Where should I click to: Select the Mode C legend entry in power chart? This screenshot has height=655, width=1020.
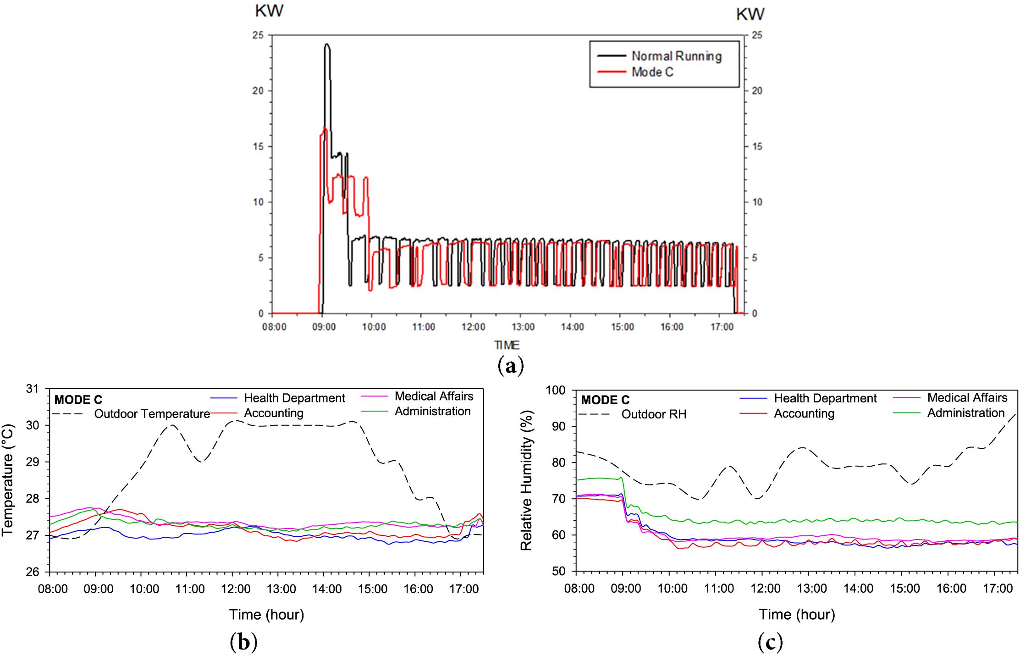point(652,72)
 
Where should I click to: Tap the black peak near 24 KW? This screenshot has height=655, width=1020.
point(327,45)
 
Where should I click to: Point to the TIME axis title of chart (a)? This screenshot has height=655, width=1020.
point(507,345)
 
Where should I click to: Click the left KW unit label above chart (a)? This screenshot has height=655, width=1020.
point(269,11)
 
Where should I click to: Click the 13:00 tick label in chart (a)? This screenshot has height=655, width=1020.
point(523,327)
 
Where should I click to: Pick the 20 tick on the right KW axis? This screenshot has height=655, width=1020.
point(757,91)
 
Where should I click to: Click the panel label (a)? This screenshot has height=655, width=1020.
point(510,366)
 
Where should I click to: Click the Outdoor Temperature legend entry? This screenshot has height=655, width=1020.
point(152,414)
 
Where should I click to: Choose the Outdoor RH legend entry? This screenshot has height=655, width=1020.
point(654,414)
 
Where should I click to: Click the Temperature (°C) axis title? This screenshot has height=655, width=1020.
point(8,480)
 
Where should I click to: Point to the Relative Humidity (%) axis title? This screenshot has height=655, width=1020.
point(526,480)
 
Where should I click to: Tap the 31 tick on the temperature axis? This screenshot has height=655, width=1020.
point(33,389)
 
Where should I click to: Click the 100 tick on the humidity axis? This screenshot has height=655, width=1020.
point(556,390)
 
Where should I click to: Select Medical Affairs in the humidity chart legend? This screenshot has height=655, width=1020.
point(967,397)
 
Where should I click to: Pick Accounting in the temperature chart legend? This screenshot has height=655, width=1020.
point(274,413)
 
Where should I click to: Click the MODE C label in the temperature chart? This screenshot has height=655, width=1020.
point(78,400)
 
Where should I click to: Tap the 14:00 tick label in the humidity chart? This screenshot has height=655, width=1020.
point(858,588)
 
